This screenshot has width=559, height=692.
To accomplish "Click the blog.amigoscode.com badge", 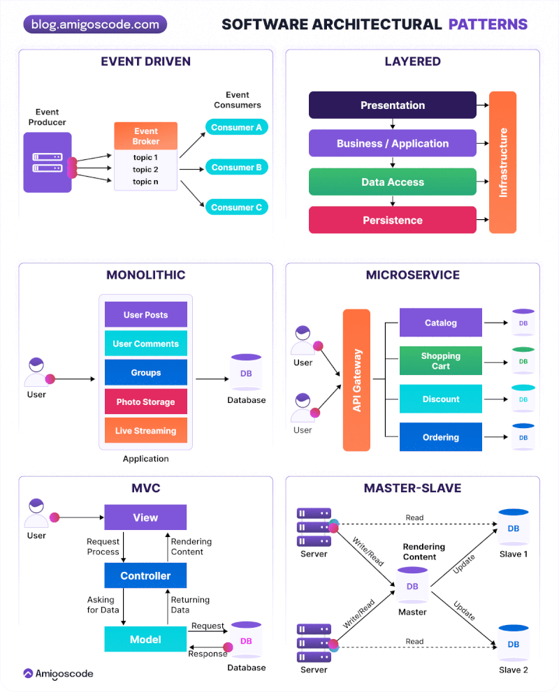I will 95,24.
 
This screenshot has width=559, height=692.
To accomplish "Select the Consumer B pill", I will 236,168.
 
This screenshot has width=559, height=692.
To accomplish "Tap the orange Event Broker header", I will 145,135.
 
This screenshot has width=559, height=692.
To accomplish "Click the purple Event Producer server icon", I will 47,162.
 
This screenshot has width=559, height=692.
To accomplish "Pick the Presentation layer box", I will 392,105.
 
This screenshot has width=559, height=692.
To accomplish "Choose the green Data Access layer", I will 392,182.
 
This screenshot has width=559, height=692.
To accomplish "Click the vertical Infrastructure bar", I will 502,162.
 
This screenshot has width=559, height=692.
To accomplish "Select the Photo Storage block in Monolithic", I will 145,402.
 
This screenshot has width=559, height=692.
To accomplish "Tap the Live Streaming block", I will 145,431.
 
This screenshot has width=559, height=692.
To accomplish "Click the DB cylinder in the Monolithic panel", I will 246,374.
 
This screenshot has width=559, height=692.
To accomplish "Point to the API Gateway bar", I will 356,380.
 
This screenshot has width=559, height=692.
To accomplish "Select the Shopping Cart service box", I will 440,361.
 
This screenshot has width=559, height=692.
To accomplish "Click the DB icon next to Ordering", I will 523,437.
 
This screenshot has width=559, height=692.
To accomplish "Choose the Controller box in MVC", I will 145,576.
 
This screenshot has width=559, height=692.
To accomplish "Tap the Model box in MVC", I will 145,640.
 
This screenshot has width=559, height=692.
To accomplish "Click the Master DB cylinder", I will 412,586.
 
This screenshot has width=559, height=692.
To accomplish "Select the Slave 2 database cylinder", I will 513,643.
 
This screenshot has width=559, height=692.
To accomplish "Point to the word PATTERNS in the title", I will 488,25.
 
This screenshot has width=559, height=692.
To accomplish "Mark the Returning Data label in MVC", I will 190,605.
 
